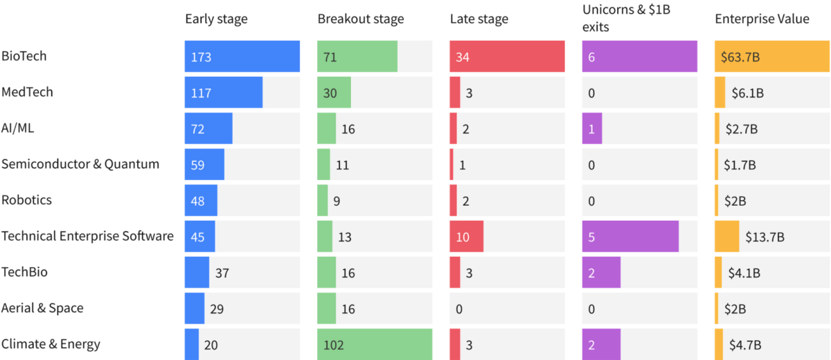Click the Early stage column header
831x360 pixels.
[x=216, y=19]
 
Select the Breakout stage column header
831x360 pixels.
[x=360, y=19]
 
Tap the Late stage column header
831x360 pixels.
[x=479, y=19]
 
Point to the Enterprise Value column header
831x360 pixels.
[x=761, y=19]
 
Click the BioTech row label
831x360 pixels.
[x=24, y=56]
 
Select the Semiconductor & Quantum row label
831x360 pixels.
[x=80, y=164]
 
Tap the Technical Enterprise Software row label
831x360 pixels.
[x=87, y=236]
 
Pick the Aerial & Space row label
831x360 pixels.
[x=42, y=308]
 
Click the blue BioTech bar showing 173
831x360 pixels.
[x=242, y=57]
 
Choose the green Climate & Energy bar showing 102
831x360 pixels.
[x=375, y=344]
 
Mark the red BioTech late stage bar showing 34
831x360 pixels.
[x=507, y=57]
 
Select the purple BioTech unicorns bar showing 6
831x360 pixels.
[x=639, y=57]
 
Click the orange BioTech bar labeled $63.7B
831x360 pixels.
[x=771, y=57]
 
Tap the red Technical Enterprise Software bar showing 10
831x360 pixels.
[x=466, y=237]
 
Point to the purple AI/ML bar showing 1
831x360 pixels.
[x=591, y=129]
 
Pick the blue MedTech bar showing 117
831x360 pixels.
[x=223, y=93]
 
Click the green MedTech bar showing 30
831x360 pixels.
[x=334, y=93]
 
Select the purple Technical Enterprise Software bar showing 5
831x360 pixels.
[x=630, y=237]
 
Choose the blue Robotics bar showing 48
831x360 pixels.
[x=201, y=201]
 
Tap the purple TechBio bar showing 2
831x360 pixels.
[x=601, y=273]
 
